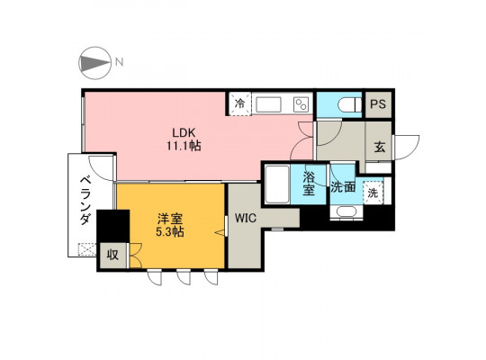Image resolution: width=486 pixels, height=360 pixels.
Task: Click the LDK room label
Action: click(x=184, y=132)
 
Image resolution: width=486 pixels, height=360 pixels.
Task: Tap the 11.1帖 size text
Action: click(x=184, y=146)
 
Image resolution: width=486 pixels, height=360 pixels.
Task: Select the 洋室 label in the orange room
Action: click(x=170, y=220)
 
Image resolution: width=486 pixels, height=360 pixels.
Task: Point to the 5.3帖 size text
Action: click(x=170, y=231)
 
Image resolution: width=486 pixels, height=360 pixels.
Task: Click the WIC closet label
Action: click(x=246, y=218)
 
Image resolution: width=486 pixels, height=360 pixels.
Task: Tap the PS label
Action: click(x=378, y=104)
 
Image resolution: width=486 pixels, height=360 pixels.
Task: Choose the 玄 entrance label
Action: click(x=380, y=147)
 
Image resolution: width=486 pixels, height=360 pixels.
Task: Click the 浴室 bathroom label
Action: click(x=309, y=184)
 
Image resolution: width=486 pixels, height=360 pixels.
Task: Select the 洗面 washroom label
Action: click(x=343, y=187)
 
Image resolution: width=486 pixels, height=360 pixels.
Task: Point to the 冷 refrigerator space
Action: click(x=239, y=103)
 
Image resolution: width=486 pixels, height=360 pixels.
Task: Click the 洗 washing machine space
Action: click(x=373, y=193)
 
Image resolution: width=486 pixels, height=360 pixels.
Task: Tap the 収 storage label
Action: click(x=112, y=255)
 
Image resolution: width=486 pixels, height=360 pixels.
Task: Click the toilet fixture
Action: click(x=349, y=105)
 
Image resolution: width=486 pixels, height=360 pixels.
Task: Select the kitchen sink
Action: click(x=268, y=104)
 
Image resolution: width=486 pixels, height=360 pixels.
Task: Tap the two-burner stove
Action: click(x=301, y=104)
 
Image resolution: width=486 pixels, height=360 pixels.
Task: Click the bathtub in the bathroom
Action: click(x=277, y=184)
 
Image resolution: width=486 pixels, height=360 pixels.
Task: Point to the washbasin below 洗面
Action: click(x=346, y=212)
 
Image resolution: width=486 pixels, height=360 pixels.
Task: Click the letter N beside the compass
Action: click(x=120, y=62)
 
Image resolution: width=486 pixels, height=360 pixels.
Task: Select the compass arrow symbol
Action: click(x=94, y=63)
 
